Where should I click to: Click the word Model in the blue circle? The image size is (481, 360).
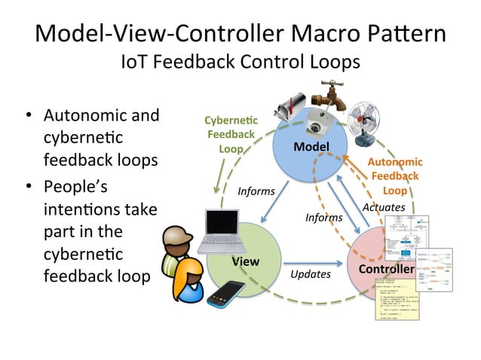coord(311,146)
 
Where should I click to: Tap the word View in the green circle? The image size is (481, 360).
coord(245,261)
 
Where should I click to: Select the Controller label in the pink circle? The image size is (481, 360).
coord(385,269)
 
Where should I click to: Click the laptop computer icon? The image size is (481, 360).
coord(221,230)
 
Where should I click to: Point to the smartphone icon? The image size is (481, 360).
coord(226,293)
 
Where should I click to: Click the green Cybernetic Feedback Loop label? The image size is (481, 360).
coord(231,135)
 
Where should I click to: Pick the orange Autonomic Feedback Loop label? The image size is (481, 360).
coord(394,176)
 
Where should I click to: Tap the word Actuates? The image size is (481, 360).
coord(384,206)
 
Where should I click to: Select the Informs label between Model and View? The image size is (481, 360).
coord(256,191)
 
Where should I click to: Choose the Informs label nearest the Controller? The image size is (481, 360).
coord(323,218)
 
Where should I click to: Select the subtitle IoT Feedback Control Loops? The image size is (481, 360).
coord(240,63)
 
